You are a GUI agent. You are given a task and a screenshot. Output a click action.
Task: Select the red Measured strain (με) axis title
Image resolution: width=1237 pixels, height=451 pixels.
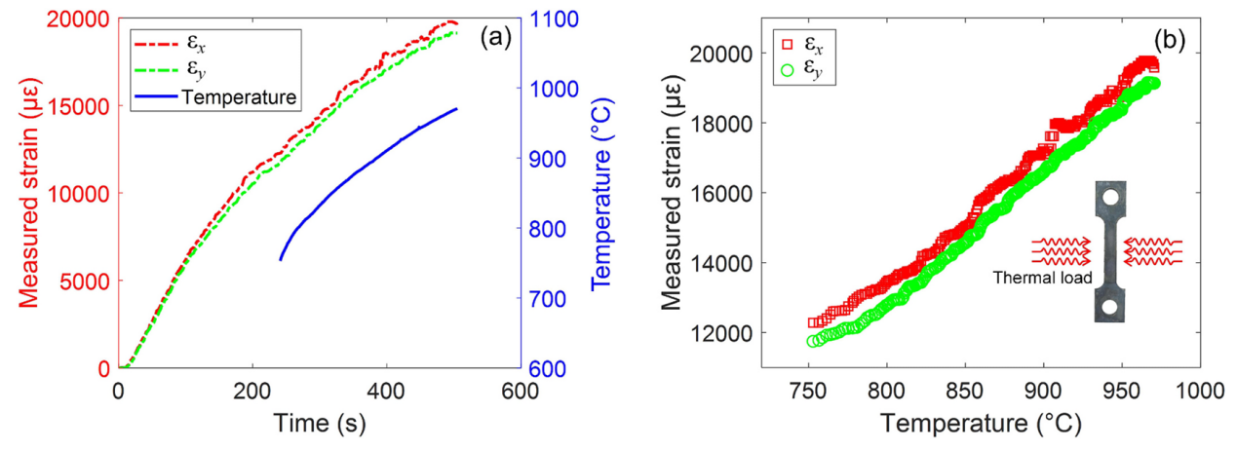click(x=27, y=193)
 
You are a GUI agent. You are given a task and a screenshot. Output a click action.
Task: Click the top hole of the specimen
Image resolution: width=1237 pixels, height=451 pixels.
click(x=1110, y=200)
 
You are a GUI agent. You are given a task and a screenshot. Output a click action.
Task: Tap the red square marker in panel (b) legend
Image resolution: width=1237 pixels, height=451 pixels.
click(x=787, y=44)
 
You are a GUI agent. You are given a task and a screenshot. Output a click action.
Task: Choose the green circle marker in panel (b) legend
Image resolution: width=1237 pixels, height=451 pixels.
click(x=787, y=69)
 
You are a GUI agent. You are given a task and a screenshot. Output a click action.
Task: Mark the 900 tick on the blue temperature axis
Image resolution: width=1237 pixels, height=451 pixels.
click(x=554, y=159)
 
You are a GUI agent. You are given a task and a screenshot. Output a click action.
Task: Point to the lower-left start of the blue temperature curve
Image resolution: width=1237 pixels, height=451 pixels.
click(x=281, y=259)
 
